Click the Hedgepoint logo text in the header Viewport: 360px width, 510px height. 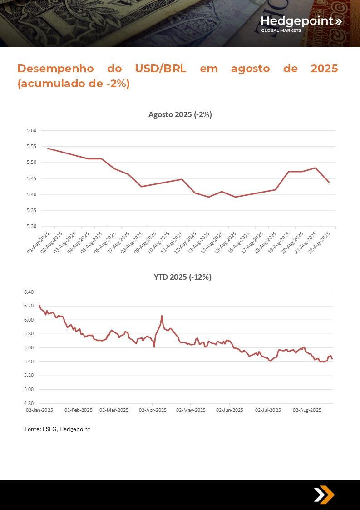coord(297,21)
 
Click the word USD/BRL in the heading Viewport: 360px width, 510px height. coord(161,69)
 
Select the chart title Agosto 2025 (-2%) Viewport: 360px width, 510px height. coord(180,114)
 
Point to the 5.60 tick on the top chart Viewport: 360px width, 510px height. coord(31,131)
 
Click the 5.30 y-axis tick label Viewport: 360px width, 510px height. coord(31,227)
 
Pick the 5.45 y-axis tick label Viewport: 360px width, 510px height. coord(31,178)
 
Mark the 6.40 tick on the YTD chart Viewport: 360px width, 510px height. coord(29,292)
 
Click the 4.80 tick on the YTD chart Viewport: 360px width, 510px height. coord(29,403)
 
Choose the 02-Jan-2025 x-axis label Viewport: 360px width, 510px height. coord(39,410)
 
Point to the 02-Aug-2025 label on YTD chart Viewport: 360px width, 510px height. coord(307,410)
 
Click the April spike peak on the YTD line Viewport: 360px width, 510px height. coord(162,316)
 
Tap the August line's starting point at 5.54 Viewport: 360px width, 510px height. coord(48,149)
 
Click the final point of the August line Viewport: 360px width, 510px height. coord(329,182)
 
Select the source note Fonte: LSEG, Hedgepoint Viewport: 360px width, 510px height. coord(57,429)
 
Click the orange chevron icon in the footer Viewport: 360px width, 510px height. coord(324,495)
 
